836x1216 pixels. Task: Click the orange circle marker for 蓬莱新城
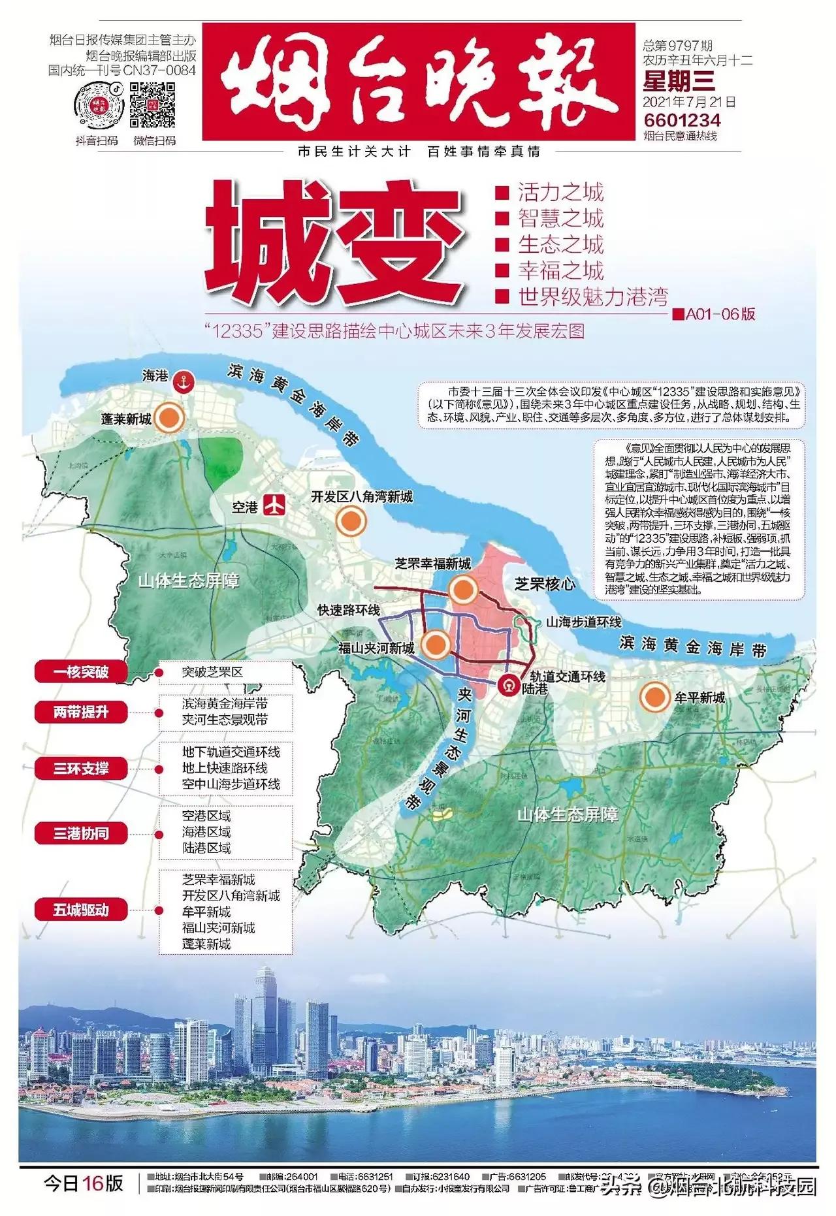(169, 417)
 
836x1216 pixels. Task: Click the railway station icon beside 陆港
(508, 684)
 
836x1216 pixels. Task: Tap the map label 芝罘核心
(544, 584)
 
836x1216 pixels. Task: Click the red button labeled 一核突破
(81, 671)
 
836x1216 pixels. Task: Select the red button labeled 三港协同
(81, 833)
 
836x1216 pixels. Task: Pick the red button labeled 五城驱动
(81, 909)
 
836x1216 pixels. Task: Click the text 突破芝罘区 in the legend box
(212, 672)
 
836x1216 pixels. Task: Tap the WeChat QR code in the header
(153, 105)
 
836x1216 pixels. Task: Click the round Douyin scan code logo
(98, 105)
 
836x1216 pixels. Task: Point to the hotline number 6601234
(682, 120)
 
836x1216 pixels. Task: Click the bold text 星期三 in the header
(679, 81)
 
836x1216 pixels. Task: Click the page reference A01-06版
(720, 314)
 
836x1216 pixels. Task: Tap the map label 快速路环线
(349, 610)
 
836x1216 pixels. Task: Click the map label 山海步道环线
(584, 622)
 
